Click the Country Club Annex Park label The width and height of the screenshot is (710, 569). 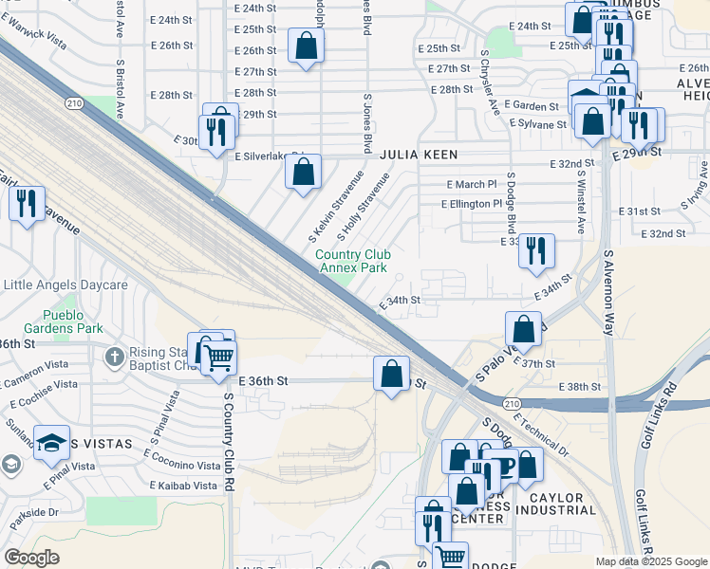click(351, 261)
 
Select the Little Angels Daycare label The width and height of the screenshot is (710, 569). click(65, 284)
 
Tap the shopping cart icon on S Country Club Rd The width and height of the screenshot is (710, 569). click(218, 357)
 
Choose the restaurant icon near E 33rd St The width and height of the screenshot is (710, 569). click(537, 250)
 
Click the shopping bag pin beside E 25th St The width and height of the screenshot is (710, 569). click(306, 46)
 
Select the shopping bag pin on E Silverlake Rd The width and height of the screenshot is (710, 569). click(304, 173)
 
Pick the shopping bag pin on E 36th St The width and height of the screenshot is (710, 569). click(391, 374)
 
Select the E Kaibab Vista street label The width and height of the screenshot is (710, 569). click(184, 486)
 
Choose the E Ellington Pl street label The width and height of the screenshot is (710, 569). click(471, 204)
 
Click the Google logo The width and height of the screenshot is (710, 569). click(32, 558)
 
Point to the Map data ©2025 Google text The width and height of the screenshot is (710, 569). click(651, 561)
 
